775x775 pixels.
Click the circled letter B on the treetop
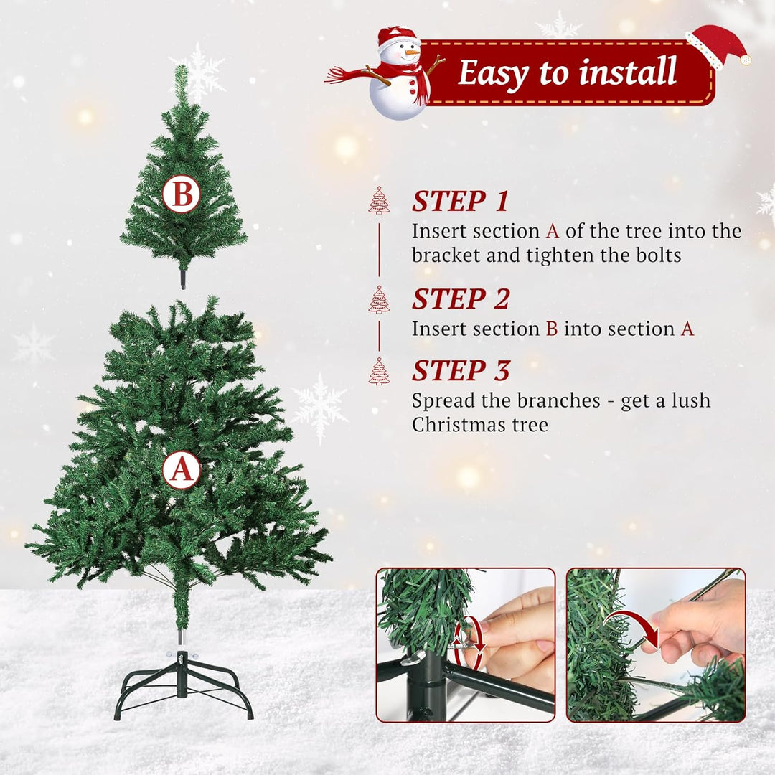click(182, 194)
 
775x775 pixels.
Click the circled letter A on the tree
click(182, 470)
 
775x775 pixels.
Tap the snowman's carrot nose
click(411, 52)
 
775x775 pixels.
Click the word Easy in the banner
click(494, 73)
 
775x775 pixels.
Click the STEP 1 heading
click(460, 201)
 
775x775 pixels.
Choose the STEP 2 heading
click(460, 299)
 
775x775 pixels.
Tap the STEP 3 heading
click(460, 370)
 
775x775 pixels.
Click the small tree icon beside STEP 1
click(379, 200)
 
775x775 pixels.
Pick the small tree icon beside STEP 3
click(379, 371)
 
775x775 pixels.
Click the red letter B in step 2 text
click(552, 329)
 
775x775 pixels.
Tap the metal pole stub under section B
click(184, 278)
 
